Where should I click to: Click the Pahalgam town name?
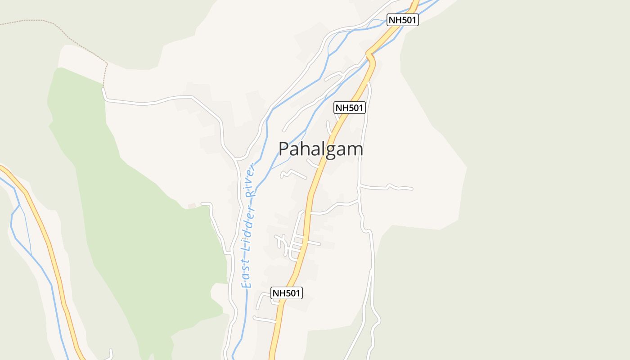click(x=320, y=149)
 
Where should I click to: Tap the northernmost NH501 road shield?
click(x=403, y=20)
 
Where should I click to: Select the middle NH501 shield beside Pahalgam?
click(x=349, y=108)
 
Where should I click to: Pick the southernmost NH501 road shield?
click(x=286, y=293)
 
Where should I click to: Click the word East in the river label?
click(x=246, y=274)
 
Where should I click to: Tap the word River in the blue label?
click(x=251, y=181)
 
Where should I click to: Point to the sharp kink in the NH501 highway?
click(x=370, y=56)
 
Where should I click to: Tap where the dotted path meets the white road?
click(x=103, y=89)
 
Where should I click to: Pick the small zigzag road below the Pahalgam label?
click(x=292, y=173)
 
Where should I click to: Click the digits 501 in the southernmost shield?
click(x=292, y=293)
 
